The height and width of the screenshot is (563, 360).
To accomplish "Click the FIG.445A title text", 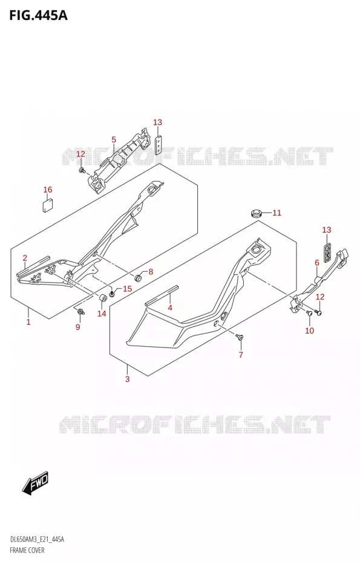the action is click(x=38, y=16).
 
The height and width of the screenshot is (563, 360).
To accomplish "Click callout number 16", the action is click(x=48, y=189).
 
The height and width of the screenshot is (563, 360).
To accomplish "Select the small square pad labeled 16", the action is click(x=48, y=206).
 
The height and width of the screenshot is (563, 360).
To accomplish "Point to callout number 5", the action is click(x=114, y=139).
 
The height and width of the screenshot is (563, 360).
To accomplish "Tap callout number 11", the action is click(x=277, y=213).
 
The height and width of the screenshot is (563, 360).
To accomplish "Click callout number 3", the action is click(x=128, y=379).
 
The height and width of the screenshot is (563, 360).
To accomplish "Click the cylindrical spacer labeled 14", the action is click(x=102, y=298).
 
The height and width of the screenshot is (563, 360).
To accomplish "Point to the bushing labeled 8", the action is click(x=137, y=278).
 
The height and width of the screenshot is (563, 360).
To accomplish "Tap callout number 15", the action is click(x=128, y=289).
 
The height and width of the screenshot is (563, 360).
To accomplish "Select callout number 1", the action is click(x=28, y=321).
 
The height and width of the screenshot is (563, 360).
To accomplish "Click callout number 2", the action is click(x=25, y=257).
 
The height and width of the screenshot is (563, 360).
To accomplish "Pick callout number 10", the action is click(x=309, y=331).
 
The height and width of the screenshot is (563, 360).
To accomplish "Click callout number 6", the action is click(x=317, y=263).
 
